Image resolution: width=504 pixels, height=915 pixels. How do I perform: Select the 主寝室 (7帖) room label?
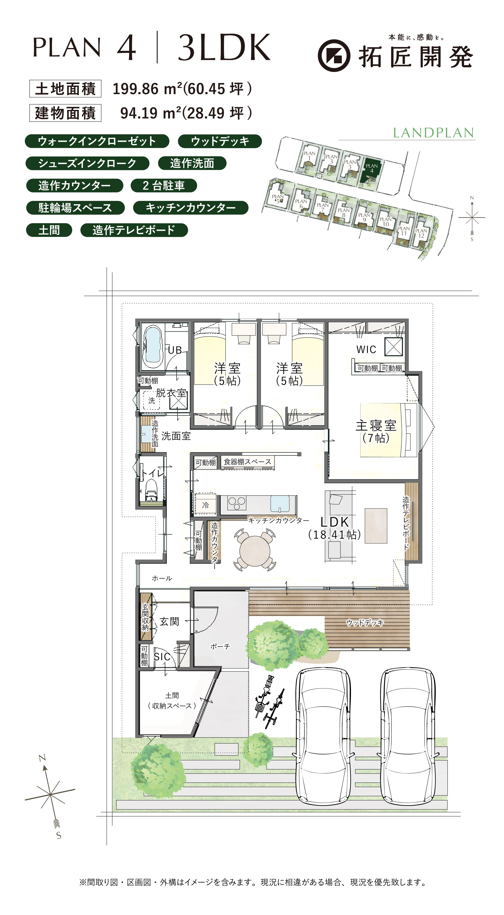(376, 431)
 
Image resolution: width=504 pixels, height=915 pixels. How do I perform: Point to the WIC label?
(366, 349)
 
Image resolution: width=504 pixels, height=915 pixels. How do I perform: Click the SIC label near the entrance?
(162, 657)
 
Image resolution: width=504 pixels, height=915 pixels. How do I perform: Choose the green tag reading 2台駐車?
(164, 185)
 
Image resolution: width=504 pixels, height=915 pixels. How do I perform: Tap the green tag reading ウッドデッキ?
(220, 141)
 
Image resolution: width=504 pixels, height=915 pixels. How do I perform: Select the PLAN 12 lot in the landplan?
(421, 234)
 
